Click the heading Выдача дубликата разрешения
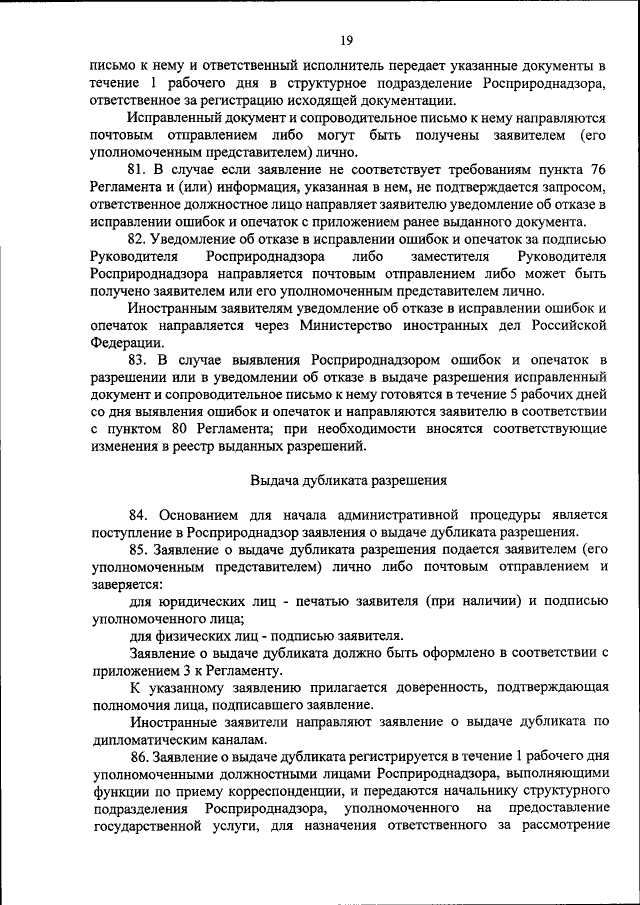[347, 479]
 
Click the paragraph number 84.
[141, 515]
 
